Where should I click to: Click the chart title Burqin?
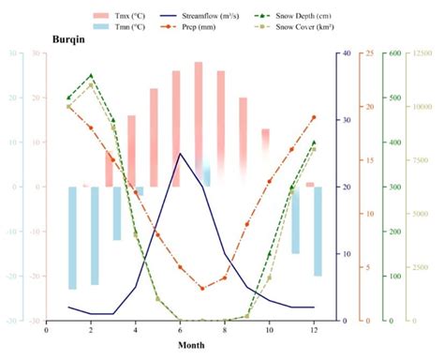pyautogui.click(x=71, y=42)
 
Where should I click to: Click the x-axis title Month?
pyautogui.click(x=191, y=345)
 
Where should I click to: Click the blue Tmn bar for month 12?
pyautogui.click(x=318, y=231)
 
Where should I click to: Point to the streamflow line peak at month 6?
pyautogui.click(x=180, y=153)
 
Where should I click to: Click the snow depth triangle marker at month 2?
pyautogui.click(x=91, y=76)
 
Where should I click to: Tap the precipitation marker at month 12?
pyautogui.click(x=314, y=117)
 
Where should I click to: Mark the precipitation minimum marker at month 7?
pyautogui.click(x=202, y=289)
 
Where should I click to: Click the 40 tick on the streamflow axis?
pyautogui.click(x=346, y=53)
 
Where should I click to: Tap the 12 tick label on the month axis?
pyautogui.click(x=314, y=329)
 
